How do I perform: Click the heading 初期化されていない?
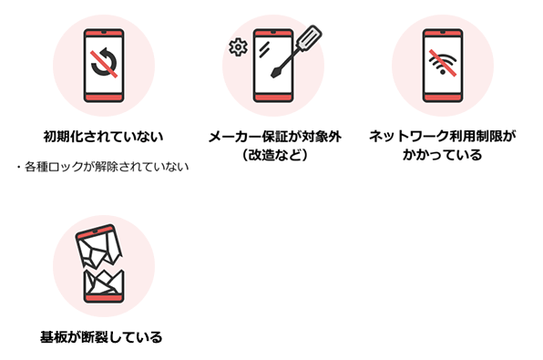point(103,137)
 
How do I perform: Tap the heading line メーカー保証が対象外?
point(272,137)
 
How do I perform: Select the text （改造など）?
point(272,155)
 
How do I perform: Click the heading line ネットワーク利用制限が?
point(442,137)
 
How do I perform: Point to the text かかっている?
point(442,155)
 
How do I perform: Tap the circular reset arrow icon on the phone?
point(103,62)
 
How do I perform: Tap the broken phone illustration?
point(103,265)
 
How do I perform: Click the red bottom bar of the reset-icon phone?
point(103,95)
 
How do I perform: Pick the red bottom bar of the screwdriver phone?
point(272,95)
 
